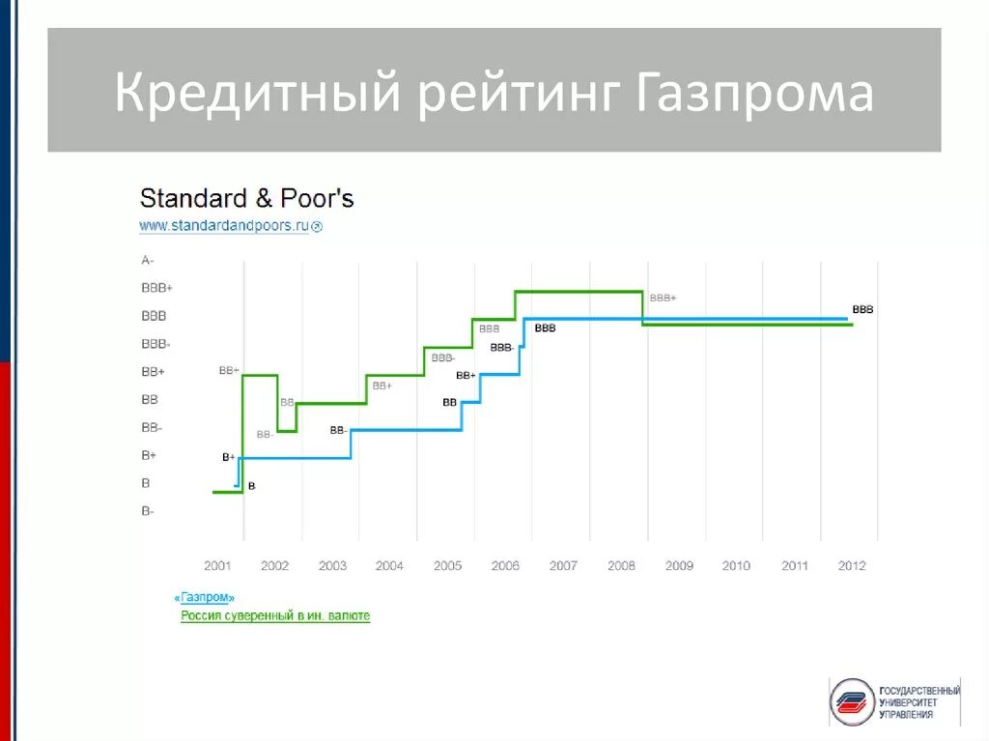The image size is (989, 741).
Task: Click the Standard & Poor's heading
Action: pyautogui.click(x=246, y=199)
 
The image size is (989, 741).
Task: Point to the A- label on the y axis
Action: pyautogui.click(x=147, y=260)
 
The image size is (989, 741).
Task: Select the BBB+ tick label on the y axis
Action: pyautogui.click(x=156, y=288)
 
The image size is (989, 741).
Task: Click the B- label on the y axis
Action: pyautogui.click(x=147, y=511)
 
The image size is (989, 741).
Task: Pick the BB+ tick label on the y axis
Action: pyautogui.click(x=153, y=372)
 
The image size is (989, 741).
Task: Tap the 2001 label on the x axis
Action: pyautogui.click(x=217, y=566)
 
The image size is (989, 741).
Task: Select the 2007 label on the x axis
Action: pyautogui.click(x=563, y=566)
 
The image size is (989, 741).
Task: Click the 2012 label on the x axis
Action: pyautogui.click(x=852, y=566)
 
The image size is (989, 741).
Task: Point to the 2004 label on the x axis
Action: pyautogui.click(x=389, y=566)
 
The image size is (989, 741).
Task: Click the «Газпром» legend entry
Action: pyautogui.click(x=205, y=598)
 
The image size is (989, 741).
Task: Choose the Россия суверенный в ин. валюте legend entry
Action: pyautogui.click(x=275, y=615)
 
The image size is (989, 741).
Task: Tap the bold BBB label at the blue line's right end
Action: pyautogui.click(x=862, y=310)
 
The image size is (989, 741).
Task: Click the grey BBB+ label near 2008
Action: pyautogui.click(x=663, y=299)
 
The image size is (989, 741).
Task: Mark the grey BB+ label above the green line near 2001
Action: pyautogui.click(x=229, y=369)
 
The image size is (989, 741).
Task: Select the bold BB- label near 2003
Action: pyautogui.click(x=338, y=430)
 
